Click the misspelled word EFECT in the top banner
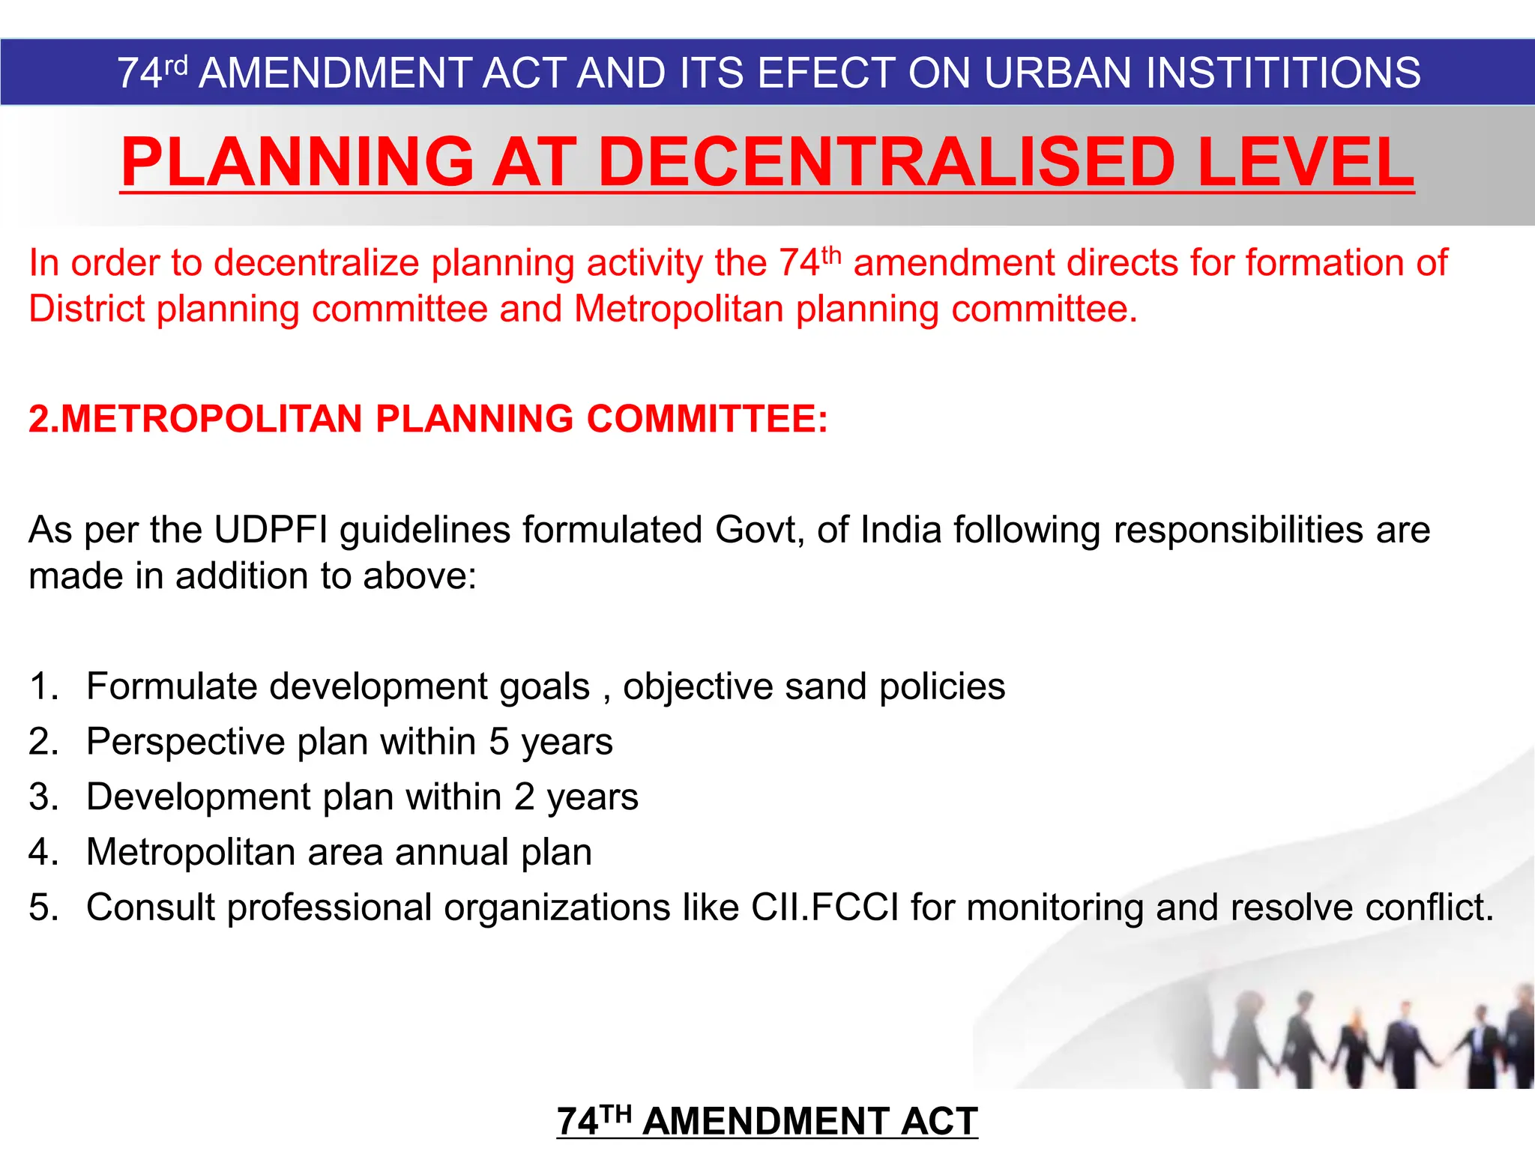coord(824,73)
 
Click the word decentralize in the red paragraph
coord(317,263)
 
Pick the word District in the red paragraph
coord(86,309)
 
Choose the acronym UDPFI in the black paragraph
coord(271,530)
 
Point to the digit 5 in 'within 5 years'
coord(499,742)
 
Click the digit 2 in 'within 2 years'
coord(525,797)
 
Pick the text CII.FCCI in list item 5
coord(824,907)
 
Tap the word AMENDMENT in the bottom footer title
coord(766,1122)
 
